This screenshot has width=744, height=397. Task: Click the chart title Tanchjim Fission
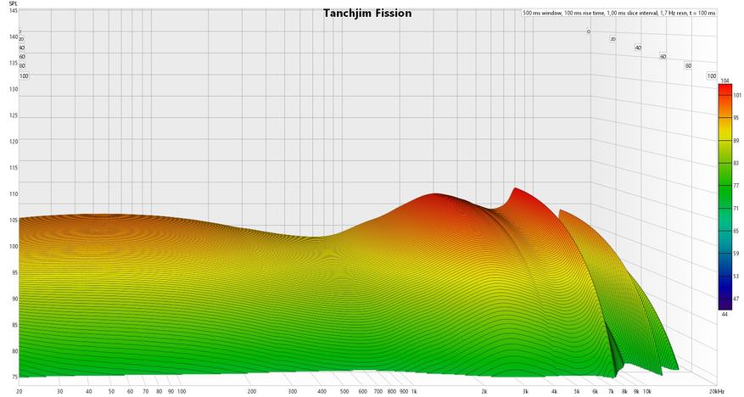pyautogui.click(x=367, y=14)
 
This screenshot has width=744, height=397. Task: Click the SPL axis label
pyautogui.click(x=13, y=4)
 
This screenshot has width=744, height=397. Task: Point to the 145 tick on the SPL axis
pyautogui.click(x=13, y=11)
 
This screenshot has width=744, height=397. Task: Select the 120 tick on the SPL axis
pyautogui.click(x=13, y=142)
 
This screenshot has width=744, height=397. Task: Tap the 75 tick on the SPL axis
pyautogui.click(x=13, y=377)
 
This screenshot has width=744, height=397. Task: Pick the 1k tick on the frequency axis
pyautogui.click(x=413, y=391)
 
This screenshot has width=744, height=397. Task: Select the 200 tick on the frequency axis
pyautogui.click(x=252, y=391)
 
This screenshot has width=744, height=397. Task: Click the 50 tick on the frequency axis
pyautogui.click(x=111, y=391)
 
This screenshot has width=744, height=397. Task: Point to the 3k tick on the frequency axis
pyautogui.click(x=525, y=391)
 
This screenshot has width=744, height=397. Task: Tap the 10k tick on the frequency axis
pyautogui.click(x=646, y=391)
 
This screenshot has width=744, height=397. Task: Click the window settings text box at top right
pyautogui.click(x=619, y=14)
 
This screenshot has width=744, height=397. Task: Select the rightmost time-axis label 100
pyautogui.click(x=712, y=76)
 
